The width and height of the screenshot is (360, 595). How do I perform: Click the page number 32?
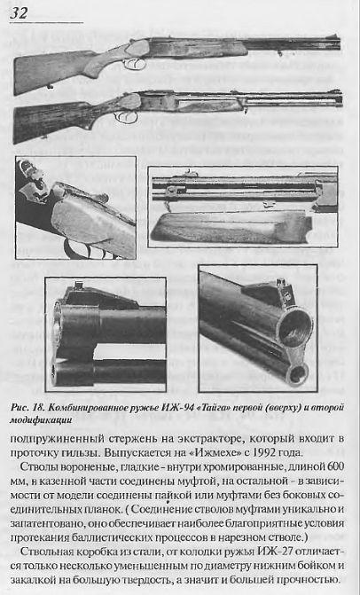[19, 13]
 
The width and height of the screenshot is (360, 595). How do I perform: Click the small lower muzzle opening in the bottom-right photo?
[299, 374]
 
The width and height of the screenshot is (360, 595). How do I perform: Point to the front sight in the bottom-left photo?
[80, 285]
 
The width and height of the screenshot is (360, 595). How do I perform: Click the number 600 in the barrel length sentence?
[335, 466]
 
